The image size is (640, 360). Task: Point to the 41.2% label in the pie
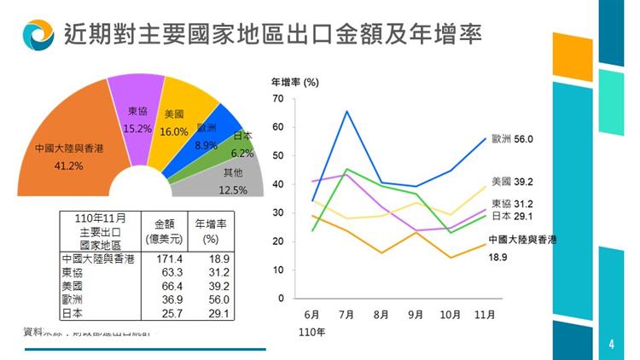[68, 165]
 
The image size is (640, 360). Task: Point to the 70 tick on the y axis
[277, 99]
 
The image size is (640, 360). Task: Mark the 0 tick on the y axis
[280, 299]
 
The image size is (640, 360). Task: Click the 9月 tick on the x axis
[415, 315]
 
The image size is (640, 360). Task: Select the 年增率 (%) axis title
[294, 83]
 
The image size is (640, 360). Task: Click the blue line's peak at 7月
[346, 111]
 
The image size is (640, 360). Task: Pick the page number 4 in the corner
[611, 345]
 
